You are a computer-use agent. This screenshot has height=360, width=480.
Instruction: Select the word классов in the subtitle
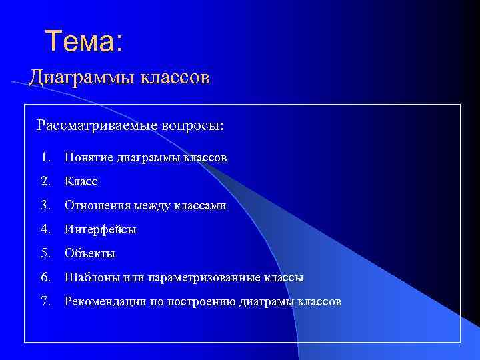click(x=174, y=78)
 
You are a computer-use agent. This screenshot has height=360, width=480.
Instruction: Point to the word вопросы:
click(x=193, y=125)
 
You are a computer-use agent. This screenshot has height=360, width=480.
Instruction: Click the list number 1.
click(x=45, y=157)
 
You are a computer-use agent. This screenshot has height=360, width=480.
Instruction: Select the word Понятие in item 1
click(x=89, y=158)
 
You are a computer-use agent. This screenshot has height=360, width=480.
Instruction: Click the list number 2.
click(x=45, y=181)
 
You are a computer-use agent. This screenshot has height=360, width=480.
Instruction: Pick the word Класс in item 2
click(x=81, y=181)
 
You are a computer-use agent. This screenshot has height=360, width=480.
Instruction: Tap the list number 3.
click(x=45, y=205)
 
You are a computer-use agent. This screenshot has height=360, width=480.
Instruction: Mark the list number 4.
click(x=45, y=229)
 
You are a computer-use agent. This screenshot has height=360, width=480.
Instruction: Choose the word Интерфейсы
click(x=100, y=230)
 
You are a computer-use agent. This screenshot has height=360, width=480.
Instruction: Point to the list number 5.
click(x=45, y=253)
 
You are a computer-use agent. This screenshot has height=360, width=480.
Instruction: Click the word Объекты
click(x=90, y=254)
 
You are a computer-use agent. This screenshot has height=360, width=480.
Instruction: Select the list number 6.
click(x=45, y=277)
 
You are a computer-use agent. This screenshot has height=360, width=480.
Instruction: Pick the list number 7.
click(x=45, y=301)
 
